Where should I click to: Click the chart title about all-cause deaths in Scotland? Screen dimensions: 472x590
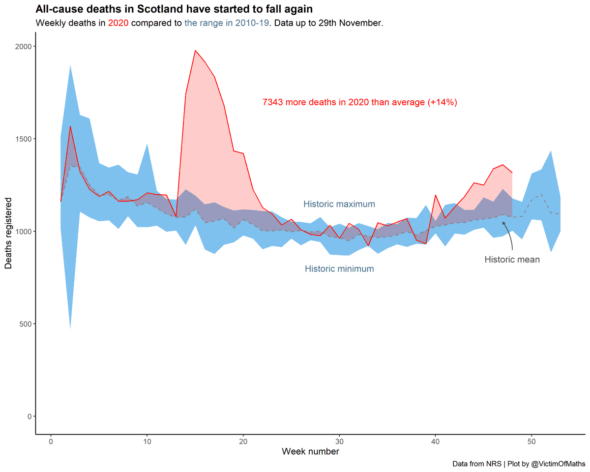(x=174, y=9)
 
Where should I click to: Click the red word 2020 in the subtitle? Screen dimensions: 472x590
(x=118, y=23)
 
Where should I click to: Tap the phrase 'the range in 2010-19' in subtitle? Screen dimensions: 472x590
(x=227, y=23)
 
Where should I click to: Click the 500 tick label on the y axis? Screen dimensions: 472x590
(x=26, y=324)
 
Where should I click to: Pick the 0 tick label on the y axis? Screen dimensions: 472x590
(x=29, y=416)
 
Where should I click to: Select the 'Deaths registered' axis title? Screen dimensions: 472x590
(x=9, y=234)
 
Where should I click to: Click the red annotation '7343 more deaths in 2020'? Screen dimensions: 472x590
(x=360, y=102)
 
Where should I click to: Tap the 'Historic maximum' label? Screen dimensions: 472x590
(x=339, y=204)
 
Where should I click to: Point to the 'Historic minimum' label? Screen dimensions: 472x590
(x=339, y=269)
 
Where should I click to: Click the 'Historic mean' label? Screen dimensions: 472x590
(x=512, y=260)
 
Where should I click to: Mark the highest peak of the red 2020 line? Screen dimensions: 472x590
(x=195, y=50)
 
